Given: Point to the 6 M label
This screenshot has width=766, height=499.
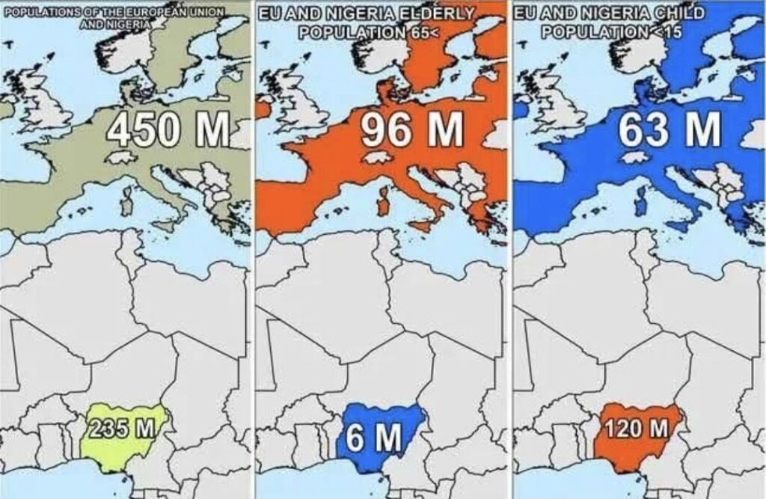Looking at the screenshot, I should click(373, 438).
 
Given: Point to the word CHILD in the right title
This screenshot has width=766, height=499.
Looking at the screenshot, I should click(680, 14).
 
